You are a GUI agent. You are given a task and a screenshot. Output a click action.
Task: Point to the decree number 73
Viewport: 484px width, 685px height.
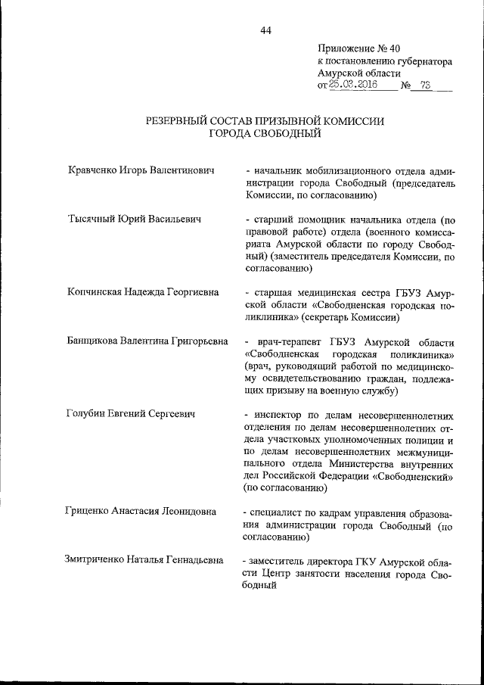pyautogui.click(x=427, y=86)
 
